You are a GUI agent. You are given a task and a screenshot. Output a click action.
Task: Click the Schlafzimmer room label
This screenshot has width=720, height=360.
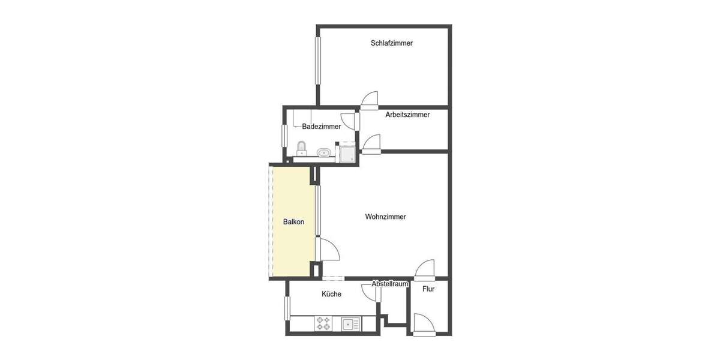pyautogui.click(x=391, y=43)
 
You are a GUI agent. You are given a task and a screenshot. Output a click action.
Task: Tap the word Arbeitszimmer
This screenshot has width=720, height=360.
pyautogui.click(x=407, y=115)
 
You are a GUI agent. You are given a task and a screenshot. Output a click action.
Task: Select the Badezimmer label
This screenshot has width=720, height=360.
pyautogui.click(x=322, y=127)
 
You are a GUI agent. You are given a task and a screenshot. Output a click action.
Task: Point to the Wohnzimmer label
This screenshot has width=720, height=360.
pyautogui.click(x=385, y=217)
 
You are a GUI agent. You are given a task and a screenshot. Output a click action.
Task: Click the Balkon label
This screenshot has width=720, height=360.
pyautogui.click(x=293, y=221)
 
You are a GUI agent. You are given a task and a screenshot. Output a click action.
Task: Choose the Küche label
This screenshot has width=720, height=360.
pyautogui.click(x=331, y=294)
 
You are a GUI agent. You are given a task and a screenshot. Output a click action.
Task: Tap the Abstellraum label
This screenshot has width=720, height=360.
pyautogui.click(x=390, y=284)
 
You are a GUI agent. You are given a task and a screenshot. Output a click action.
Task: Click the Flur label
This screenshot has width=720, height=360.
pyautogui.click(x=428, y=289)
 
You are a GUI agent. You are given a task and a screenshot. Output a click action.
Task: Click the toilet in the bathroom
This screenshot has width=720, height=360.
pyautogui.click(x=302, y=148)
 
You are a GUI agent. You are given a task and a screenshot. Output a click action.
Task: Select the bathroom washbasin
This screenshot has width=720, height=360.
pyautogui.click(x=324, y=152)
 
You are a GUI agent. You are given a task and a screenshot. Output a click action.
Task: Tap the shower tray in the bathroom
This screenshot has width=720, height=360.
pyautogui.click(x=347, y=153)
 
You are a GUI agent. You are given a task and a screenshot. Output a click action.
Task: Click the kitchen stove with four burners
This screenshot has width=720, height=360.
pyautogui.click(x=323, y=324)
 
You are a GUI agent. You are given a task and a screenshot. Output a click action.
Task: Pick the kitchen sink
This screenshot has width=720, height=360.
pyautogui.click(x=350, y=324)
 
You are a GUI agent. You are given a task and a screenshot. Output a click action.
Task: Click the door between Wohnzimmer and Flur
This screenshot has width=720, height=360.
pyautogui.click(x=425, y=271)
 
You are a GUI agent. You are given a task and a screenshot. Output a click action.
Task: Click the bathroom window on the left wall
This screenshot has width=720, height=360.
pyautogui.click(x=284, y=135)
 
